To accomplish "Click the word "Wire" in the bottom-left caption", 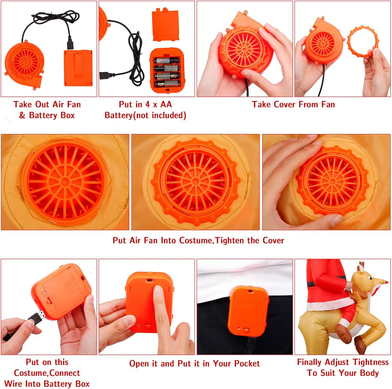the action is pyautogui.click(x=14, y=384).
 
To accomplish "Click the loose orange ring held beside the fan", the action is pyautogui.click(x=363, y=41).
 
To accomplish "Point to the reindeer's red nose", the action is pyautogui.click(x=386, y=282).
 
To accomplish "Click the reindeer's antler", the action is pyautogui.click(x=361, y=267).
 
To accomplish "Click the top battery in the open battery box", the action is pyautogui.click(x=166, y=60).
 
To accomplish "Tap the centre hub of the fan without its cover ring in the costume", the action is pyautogui.click(x=65, y=182).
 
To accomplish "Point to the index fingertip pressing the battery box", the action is pyautogui.click(x=158, y=291).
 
